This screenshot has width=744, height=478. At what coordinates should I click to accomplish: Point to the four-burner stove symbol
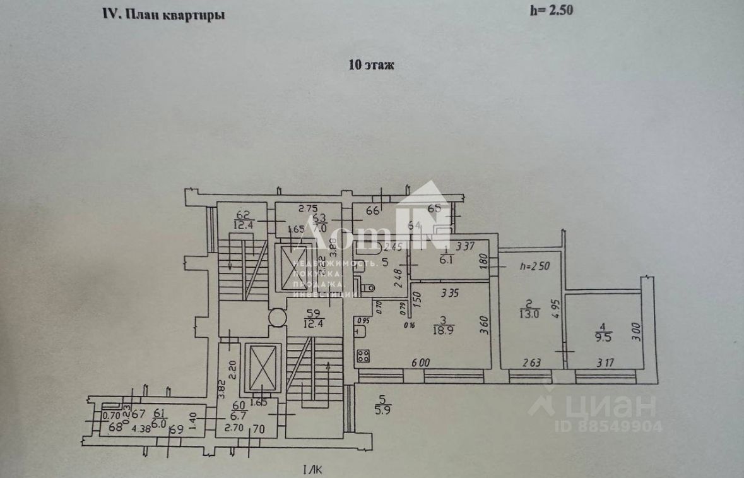pyautogui.click(x=363, y=356)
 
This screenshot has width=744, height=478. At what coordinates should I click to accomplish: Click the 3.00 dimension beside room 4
pyautogui.click(x=636, y=332)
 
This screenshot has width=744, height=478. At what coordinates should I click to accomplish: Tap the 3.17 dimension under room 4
pyautogui.click(x=605, y=362)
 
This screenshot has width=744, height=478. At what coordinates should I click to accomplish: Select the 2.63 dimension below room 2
pyautogui.click(x=531, y=362)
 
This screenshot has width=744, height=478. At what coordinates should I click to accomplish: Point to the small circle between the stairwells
pyautogui.click(x=276, y=316)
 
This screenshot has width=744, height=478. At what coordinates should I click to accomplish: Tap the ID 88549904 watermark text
pyautogui.click(x=608, y=427)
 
